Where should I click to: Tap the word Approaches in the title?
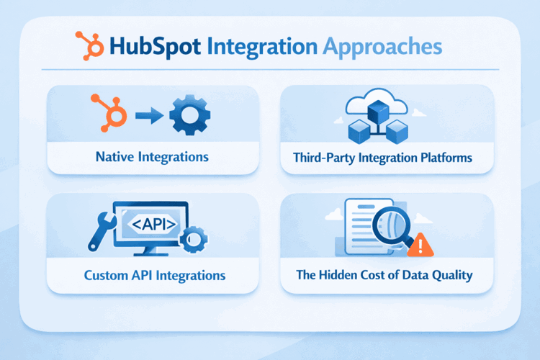click(382, 47)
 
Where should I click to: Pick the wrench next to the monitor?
click(101, 230)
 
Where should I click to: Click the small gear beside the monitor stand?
click(194, 238)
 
